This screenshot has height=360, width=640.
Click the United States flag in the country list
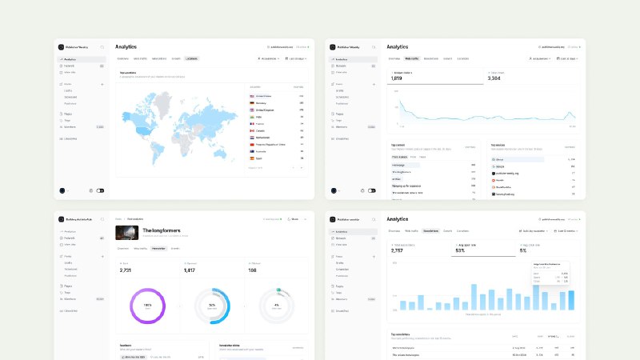252,95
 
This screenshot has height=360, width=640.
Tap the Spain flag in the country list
252,158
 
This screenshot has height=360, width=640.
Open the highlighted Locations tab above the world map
192,58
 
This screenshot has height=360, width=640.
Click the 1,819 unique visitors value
398,78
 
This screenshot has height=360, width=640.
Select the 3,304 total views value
494,78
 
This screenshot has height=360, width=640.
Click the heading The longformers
158,230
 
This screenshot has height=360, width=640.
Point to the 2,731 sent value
125,270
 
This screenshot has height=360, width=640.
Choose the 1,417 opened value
190,270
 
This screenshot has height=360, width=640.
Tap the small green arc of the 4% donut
278,289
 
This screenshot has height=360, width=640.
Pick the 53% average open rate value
460,250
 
